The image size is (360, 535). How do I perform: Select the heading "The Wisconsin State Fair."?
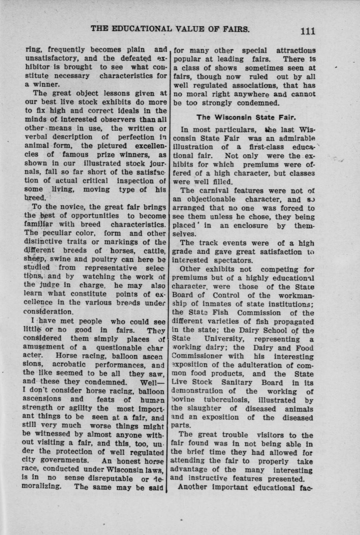(x=246, y=117)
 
